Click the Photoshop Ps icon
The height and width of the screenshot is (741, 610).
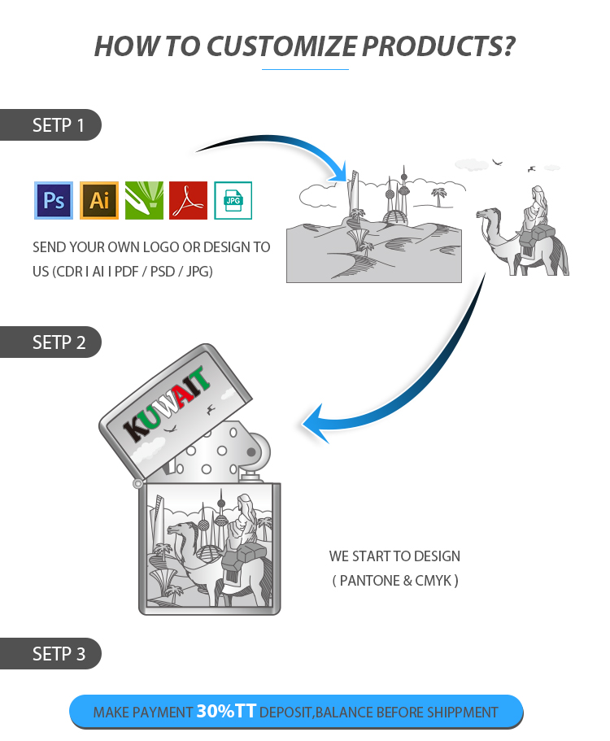pos(54,200)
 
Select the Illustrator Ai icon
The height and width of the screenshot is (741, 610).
pos(98,200)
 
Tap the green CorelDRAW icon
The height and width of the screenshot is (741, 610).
pos(144,200)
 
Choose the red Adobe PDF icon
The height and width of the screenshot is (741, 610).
pos(188,200)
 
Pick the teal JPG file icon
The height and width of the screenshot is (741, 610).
pos(233,200)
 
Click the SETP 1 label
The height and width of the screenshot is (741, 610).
pos(58,125)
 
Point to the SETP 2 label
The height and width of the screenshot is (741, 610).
pos(59,342)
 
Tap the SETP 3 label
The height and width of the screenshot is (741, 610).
pos(59,654)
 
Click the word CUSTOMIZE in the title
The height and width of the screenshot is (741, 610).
pos(281,46)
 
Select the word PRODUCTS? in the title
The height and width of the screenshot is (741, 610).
pos(438,46)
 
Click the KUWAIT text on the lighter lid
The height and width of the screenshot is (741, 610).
pos(166,404)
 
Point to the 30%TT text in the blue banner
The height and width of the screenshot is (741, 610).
pos(226,711)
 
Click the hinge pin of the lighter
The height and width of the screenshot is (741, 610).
pos(137,483)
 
